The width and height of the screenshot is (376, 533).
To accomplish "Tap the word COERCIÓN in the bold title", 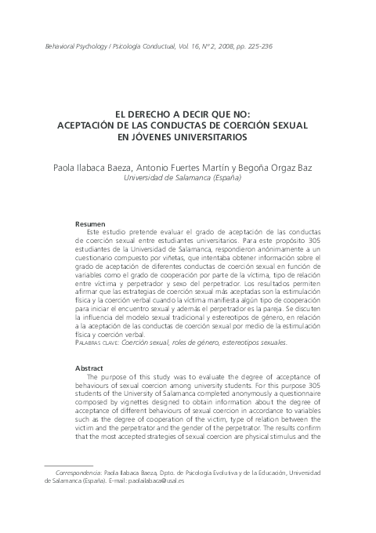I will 238,125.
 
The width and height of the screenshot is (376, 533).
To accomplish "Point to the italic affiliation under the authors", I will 188,178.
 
